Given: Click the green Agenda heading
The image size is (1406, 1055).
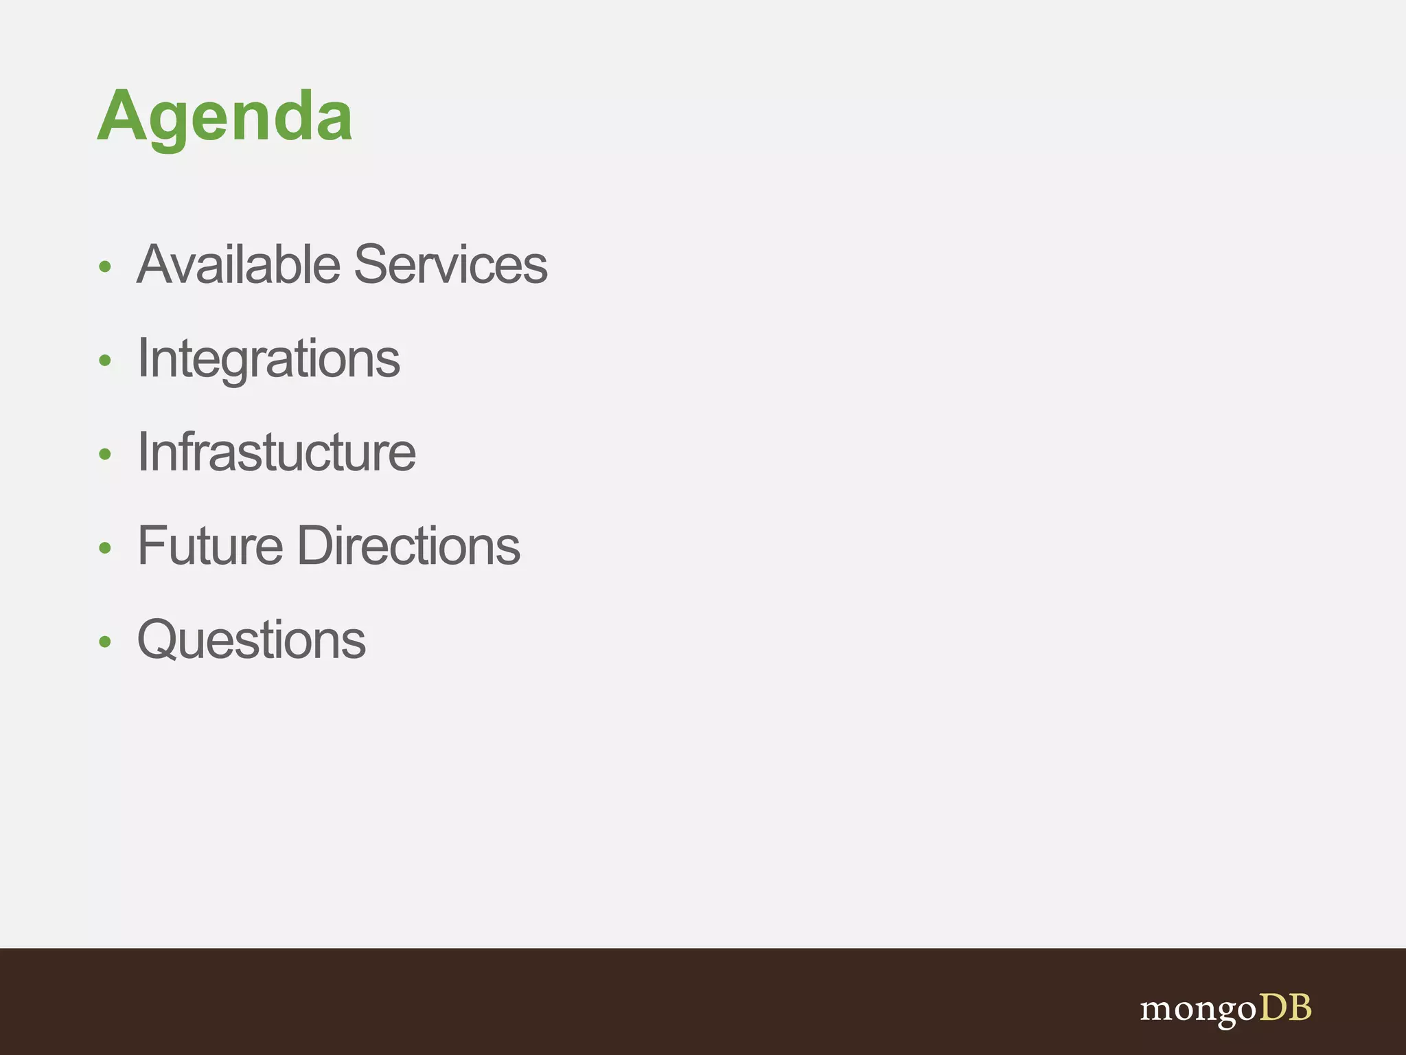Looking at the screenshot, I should click(224, 117).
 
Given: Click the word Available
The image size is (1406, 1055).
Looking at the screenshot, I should click(238, 264).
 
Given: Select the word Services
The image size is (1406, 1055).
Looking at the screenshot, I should click(451, 264).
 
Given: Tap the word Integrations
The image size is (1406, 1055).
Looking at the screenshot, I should click(268, 359).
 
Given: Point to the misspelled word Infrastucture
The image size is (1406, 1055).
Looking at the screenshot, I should click(276, 453).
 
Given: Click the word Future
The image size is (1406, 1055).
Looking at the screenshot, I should click(210, 546).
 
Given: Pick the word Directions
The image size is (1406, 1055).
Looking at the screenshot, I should click(408, 546).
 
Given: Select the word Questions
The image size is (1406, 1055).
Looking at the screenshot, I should click(251, 640).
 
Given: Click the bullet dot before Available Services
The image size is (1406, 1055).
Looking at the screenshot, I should click(104, 266).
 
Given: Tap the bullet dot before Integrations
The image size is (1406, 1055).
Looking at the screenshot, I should click(104, 361).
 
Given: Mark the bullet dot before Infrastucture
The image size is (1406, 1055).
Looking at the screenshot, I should click(104, 454).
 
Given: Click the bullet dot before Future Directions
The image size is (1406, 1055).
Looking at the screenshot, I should click(104, 548).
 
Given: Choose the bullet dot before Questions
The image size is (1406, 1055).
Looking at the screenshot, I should click(104, 642).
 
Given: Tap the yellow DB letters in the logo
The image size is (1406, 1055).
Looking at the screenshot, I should click(1285, 1008).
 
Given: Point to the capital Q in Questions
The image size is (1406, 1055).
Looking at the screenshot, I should click(159, 640).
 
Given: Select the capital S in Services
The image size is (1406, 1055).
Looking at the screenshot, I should click(372, 264).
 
